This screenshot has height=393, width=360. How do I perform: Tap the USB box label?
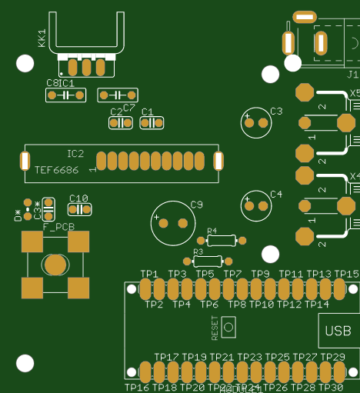(338, 331)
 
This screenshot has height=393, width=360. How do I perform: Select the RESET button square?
(228, 327)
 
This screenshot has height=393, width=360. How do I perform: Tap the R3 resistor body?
(208, 261)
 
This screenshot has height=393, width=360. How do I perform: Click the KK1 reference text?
(42, 37)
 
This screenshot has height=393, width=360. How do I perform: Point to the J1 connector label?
(352, 75)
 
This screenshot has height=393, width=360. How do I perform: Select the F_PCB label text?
(58, 227)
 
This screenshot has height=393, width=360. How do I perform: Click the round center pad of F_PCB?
(55, 265)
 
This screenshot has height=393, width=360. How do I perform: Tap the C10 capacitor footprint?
(78, 208)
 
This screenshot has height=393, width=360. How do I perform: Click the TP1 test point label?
(148, 274)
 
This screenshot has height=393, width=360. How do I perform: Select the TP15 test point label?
(346, 274)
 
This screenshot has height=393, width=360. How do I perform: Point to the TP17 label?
(166, 357)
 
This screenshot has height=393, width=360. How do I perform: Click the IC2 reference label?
(75, 153)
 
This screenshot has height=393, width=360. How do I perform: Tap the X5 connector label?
(355, 93)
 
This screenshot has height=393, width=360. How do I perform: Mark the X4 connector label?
(355, 176)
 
